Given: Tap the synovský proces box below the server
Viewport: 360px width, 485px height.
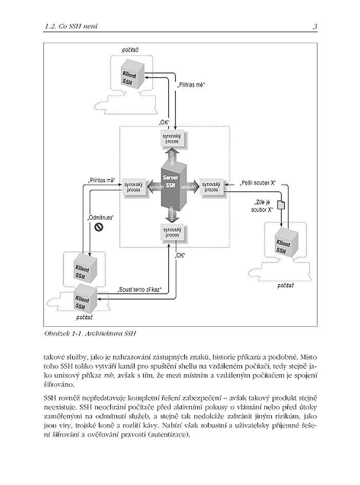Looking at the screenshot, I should pyautogui.click(x=171, y=233).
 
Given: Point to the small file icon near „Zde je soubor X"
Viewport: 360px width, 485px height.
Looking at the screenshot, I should pyautogui.click(x=281, y=205).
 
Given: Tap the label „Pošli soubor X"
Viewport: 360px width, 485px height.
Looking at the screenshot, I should pyautogui.click(x=258, y=182).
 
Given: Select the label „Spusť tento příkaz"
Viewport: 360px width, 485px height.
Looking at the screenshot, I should pyautogui.click(x=140, y=290).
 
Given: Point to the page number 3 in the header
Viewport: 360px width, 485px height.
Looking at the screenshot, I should pyautogui.click(x=314, y=26).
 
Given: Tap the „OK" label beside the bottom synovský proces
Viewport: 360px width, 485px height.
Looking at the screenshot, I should pyautogui.click(x=181, y=255).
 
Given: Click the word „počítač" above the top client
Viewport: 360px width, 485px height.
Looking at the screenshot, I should pyautogui.click(x=130, y=50).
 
